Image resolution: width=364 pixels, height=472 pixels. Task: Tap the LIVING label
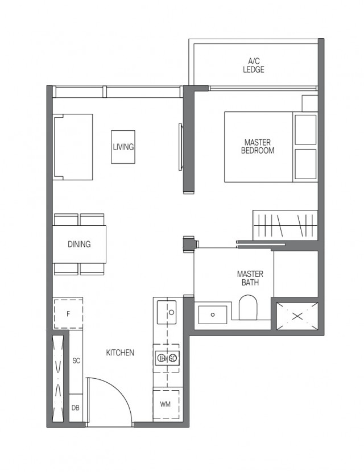(x=123, y=147)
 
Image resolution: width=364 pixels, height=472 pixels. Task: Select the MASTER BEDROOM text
(x=258, y=146)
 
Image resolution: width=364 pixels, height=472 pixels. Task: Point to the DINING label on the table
(x=79, y=245)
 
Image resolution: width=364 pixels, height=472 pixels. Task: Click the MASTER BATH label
(x=250, y=278)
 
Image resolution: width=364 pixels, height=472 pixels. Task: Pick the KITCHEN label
(x=120, y=353)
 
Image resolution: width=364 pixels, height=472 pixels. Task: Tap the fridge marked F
(x=68, y=313)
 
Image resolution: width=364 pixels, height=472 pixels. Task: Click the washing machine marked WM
(x=166, y=404)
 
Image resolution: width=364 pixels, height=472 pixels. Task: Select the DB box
(x=75, y=408)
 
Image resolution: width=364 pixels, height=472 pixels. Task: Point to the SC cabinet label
(x=76, y=361)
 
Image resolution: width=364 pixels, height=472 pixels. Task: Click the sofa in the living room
(x=73, y=147)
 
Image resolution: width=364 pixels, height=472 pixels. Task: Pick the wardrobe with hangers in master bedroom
(x=284, y=225)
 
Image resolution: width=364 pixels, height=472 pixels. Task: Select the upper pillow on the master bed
(x=305, y=129)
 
